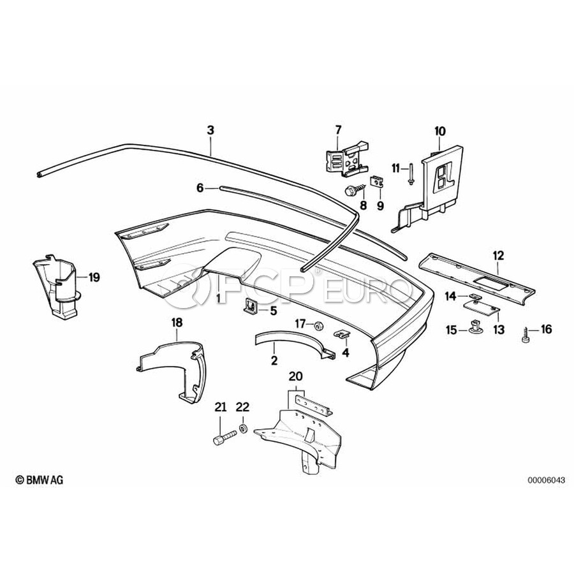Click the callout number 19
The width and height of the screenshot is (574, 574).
pyautogui.click(x=94, y=277)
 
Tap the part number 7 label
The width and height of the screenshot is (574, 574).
pyautogui.click(x=339, y=131)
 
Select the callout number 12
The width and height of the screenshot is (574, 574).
pyautogui.click(x=498, y=256)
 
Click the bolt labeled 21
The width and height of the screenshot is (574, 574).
pyautogui.click(x=223, y=439)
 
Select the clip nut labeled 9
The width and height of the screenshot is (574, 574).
pyautogui.click(x=377, y=182)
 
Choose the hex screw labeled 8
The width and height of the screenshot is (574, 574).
pyautogui.click(x=353, y=189)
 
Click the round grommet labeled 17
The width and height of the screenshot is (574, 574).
pyautogui.click(x=320, y=327)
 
